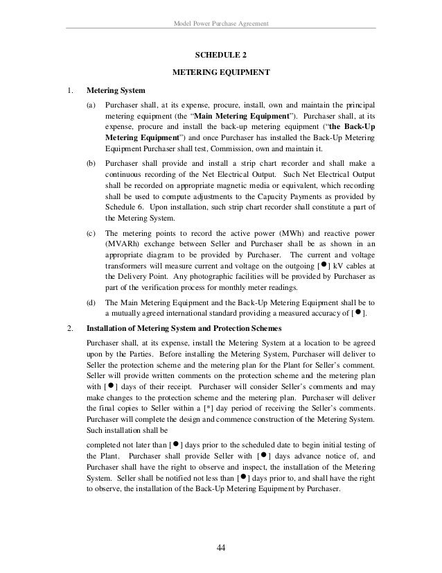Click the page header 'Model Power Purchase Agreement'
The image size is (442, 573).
[x=220, y=26]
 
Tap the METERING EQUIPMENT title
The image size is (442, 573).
[x=220, y=72]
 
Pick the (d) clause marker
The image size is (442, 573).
[x=91, y=302]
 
